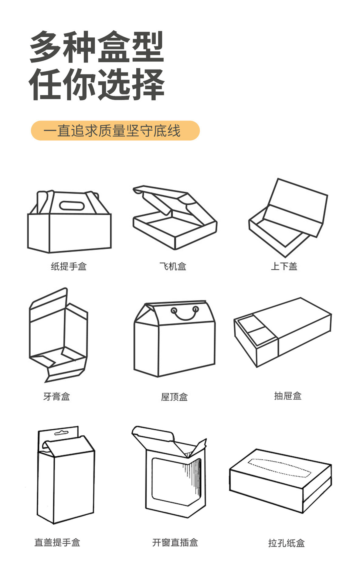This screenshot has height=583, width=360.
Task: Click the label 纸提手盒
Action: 69,266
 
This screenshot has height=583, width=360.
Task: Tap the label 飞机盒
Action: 173,266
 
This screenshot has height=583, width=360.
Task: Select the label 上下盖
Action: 284,266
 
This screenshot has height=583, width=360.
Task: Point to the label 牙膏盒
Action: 56,396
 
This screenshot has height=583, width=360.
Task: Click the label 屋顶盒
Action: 174,397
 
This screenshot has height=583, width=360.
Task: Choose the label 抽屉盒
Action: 287,396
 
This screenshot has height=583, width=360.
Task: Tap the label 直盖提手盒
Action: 57,542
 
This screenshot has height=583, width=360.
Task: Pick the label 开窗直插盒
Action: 175,542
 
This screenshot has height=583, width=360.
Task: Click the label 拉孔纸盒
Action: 286,543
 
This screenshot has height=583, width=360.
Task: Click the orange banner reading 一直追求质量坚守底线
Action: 115,131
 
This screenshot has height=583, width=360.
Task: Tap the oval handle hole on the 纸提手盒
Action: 72,206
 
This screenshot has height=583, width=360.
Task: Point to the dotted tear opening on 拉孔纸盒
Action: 279,468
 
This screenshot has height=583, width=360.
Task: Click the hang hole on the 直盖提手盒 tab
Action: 61,433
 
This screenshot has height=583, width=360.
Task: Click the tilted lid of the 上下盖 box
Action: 296,203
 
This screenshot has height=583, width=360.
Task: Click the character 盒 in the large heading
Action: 114,47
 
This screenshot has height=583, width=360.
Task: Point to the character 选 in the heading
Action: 114,84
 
